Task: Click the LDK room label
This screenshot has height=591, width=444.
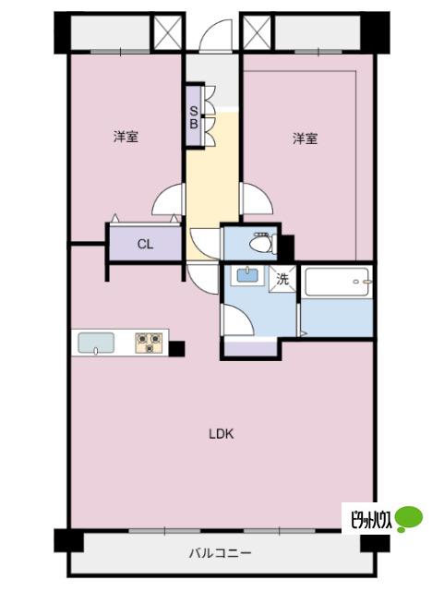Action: tap(222, 434)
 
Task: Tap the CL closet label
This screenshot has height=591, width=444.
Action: tap(145, 244)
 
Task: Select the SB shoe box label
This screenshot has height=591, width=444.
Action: tap(194, 117)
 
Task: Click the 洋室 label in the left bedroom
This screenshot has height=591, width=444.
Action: tap(126, 137)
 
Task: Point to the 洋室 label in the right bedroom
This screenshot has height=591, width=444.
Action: tap(306, 139)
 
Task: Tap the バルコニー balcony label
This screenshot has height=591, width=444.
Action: tap(220, 554)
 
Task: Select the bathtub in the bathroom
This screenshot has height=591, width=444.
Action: tap(337, 282)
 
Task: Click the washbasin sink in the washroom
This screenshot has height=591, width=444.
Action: tap(247, 275)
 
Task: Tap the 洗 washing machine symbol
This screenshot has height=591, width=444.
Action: tap(282, 279)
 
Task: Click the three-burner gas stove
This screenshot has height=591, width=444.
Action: tap(150, 343)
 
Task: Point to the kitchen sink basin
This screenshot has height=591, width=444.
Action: tap(96, 343)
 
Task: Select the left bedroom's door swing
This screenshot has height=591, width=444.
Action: tap(167, 199)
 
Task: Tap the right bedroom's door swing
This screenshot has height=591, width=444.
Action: tap(257, 199)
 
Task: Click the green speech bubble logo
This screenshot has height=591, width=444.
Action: tap(409, 519)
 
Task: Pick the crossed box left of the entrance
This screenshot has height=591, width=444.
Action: tap(168, 33)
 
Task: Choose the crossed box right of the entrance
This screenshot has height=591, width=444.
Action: tap(257, 33)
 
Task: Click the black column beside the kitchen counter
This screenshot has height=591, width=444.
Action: tap(176, 349)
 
